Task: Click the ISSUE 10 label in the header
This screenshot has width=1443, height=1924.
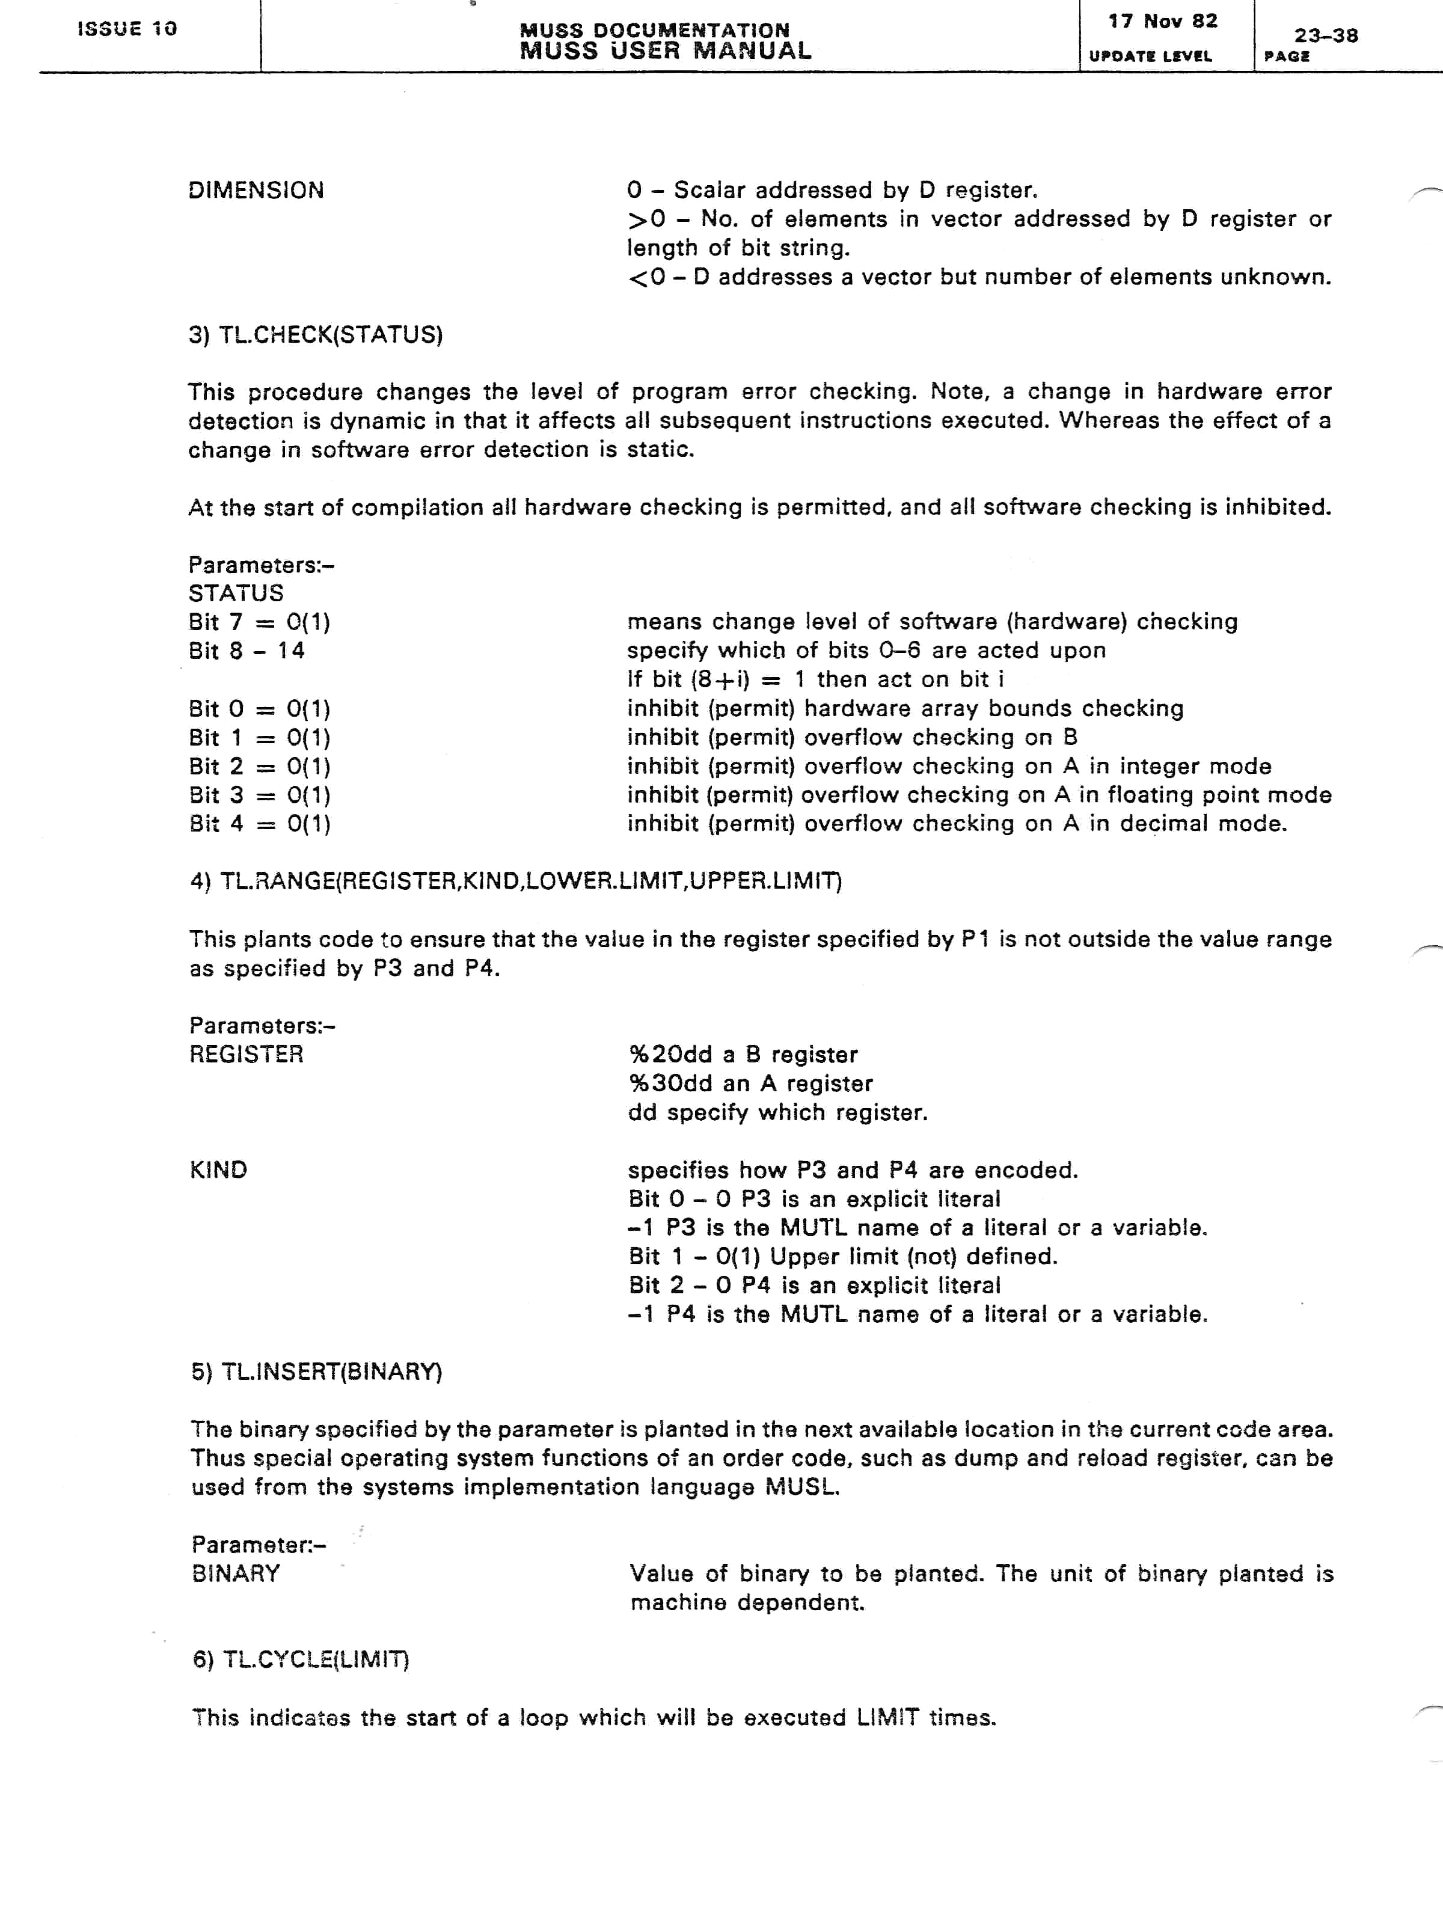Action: point(127,29)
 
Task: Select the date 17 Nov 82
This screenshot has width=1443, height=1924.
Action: point(1162,21)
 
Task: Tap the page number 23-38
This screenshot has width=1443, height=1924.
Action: point(1326,35)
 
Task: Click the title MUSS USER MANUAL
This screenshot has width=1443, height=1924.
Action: point(666,51)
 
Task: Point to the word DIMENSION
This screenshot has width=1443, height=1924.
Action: point(256,191)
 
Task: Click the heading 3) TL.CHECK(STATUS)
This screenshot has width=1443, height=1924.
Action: point(316,335)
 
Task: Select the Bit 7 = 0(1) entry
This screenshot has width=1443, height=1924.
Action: point(259,622)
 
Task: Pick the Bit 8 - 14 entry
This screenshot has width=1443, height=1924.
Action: point(247,651)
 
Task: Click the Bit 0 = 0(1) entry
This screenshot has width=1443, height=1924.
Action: point(259,709)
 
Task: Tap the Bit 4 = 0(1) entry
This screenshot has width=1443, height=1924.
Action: point(259,824)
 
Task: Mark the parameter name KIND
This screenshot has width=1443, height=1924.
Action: point(218,1171)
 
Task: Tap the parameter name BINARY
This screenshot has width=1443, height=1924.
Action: point(236,1573)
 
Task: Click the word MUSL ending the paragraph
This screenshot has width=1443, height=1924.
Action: point(802,1487)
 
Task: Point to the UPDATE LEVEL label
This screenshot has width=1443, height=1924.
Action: point(1150,57)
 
